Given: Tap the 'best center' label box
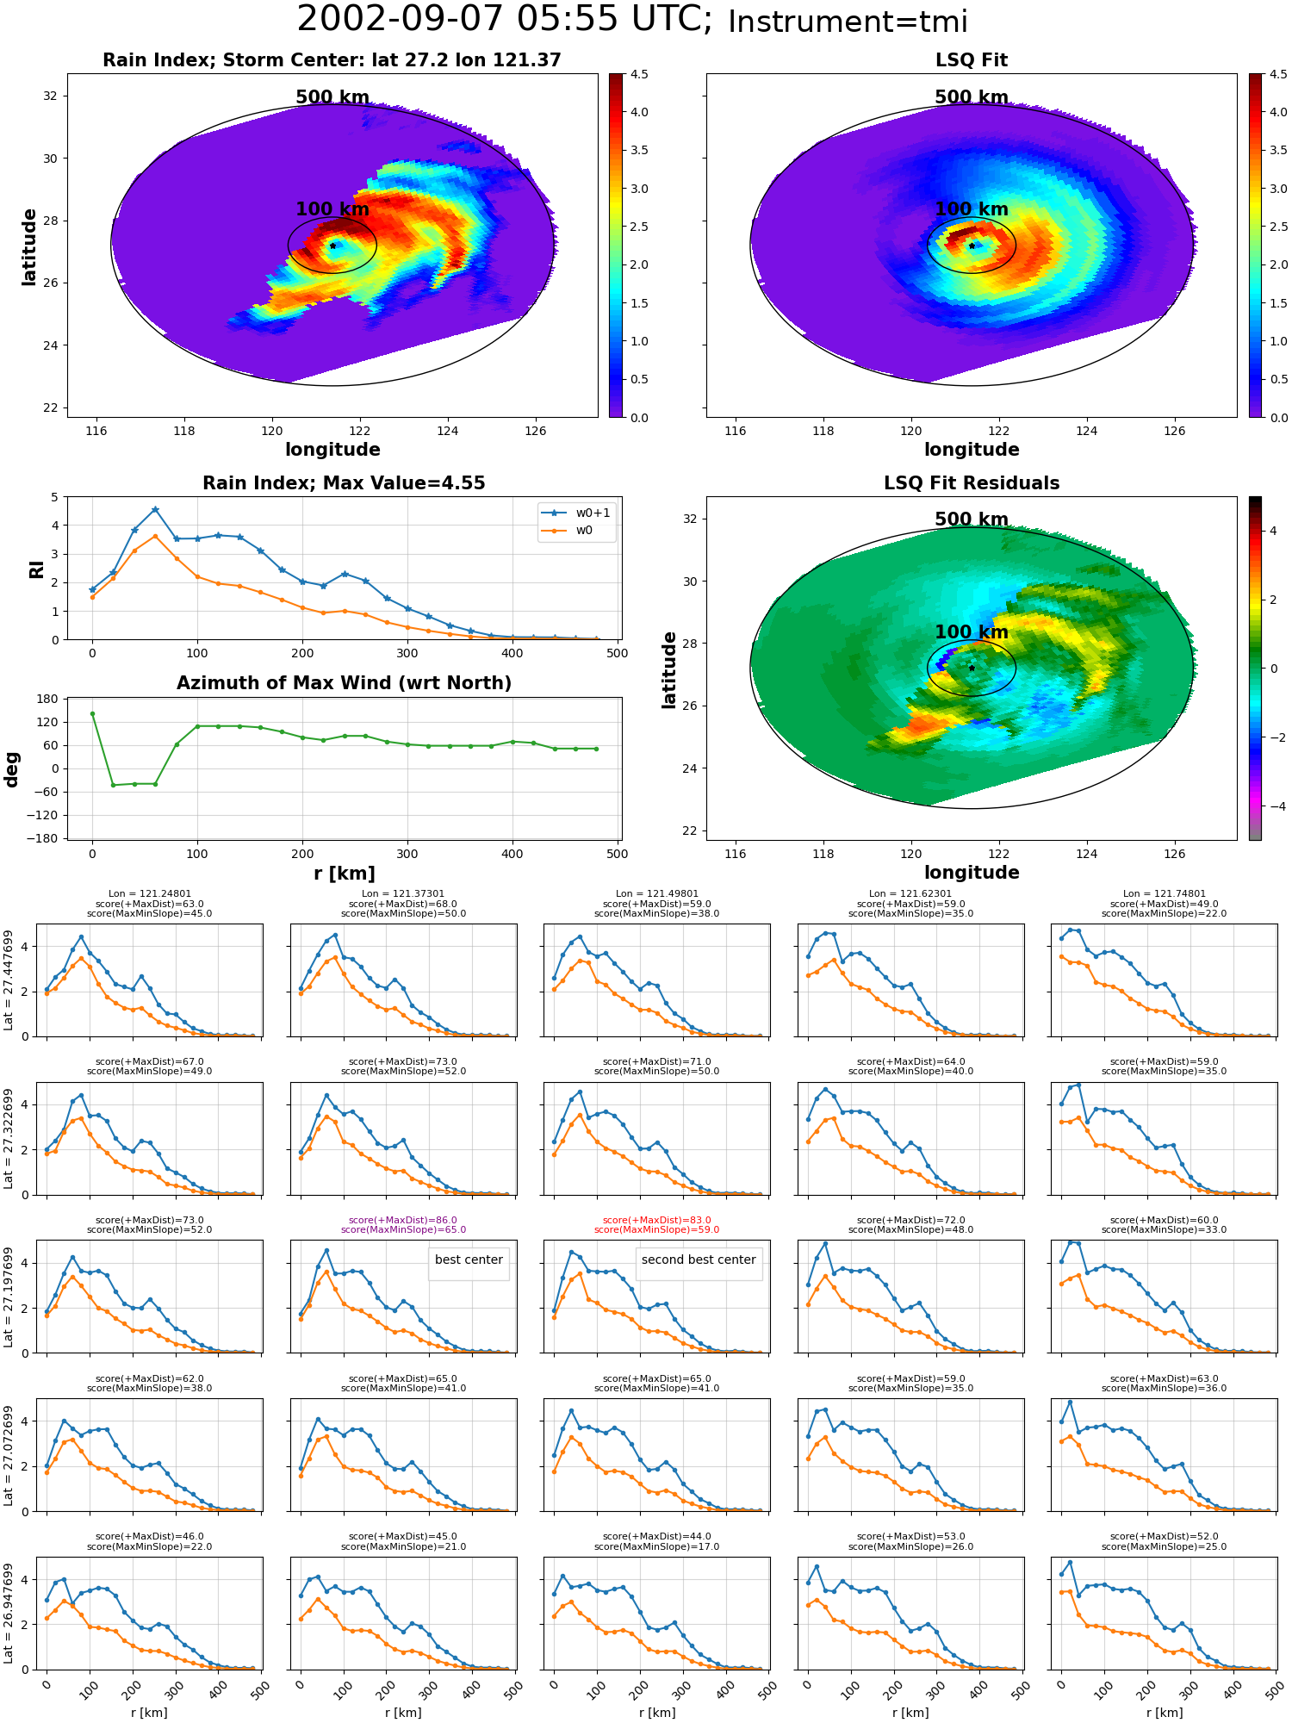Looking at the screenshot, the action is pos(469,1260).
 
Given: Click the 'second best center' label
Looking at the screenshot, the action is pos(699,1260).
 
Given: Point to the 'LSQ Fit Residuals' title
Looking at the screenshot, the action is pos(972,483).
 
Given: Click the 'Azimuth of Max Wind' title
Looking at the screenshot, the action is pos(344,683).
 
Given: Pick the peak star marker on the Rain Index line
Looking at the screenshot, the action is pos(155,510).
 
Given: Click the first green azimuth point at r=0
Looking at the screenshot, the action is pos(92,713).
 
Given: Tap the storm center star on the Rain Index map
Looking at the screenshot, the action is pos(332,246).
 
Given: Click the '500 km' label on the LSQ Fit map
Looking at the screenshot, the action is pos(972,97).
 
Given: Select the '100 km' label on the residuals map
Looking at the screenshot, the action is pos(972,632).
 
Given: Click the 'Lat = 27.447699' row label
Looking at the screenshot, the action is pos(9,980).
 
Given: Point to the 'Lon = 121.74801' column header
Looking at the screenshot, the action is pos(1164,894).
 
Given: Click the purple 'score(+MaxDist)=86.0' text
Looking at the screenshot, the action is pos(403,1220).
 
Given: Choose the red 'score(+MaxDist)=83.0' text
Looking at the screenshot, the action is pos(657,1220).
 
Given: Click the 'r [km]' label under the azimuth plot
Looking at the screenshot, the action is pos(344,874).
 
